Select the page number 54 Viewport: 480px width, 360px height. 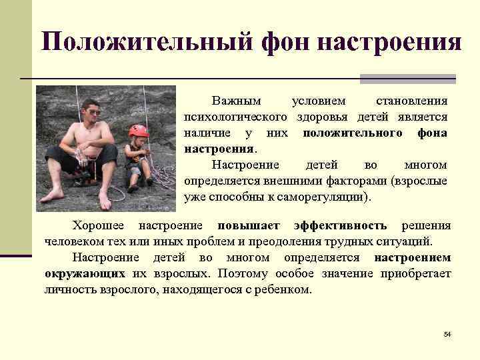coord(447,333)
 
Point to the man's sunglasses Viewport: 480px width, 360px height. coord(91,113)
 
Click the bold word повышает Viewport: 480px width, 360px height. coord(249,225)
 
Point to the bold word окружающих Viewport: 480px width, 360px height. coord(85,273)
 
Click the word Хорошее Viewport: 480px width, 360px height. coord(99,225)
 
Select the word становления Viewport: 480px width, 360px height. coord(411,101)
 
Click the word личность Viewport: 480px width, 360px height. coord(71,289)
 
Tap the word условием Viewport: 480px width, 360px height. coord(319,101)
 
